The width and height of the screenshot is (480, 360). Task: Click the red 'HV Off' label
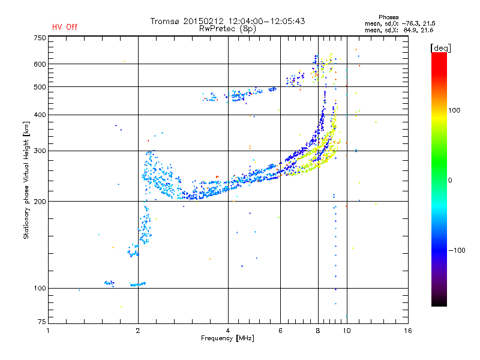[65, 27]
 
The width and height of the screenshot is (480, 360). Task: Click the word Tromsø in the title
[164, 21]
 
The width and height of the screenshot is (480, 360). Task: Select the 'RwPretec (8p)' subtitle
[227, 29]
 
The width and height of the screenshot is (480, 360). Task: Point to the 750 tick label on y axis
[40, 38]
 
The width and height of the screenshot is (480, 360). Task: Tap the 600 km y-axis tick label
[40, 64]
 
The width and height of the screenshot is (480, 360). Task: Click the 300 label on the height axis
[40, 151]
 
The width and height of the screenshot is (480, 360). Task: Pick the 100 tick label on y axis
[40, 289]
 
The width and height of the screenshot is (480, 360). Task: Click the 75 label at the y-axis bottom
[42, 322]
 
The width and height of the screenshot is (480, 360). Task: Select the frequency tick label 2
[138, 331]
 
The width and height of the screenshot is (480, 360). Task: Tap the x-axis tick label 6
[280, 331]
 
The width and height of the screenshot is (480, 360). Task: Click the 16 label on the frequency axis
[408, 331]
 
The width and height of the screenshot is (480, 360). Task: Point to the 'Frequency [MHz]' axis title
[228, 338]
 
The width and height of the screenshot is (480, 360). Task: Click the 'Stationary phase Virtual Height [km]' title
[26, 180]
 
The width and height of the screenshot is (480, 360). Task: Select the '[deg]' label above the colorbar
[440, 48]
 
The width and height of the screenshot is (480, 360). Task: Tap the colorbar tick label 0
[450, 180]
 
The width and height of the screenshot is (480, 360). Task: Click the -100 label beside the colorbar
[457, 250]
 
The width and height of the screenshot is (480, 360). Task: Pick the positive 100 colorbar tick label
[454, 110]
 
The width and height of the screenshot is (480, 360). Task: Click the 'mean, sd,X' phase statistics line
[399, 30]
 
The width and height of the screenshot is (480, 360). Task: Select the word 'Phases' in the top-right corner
[389, 17]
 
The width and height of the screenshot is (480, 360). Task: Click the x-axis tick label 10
[347, 331]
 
